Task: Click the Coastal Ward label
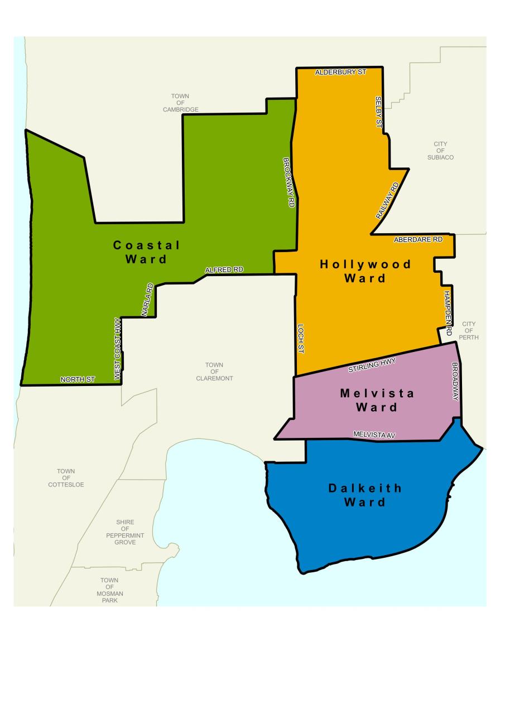(146, 252)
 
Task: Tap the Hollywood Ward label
(365, 271)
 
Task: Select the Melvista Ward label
(377, 400)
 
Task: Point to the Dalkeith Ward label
(364, 495)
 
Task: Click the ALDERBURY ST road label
(340, 73)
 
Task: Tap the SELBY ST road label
(378, 110)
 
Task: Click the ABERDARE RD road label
(418, 239)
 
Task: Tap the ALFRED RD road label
(224, 270)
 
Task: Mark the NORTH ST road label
(78, 379)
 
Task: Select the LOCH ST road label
(300, 339)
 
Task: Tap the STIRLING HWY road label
(372, 366)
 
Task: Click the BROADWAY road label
(455, 382)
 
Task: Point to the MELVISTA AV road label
(374, 435)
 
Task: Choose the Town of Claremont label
(214, 372)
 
